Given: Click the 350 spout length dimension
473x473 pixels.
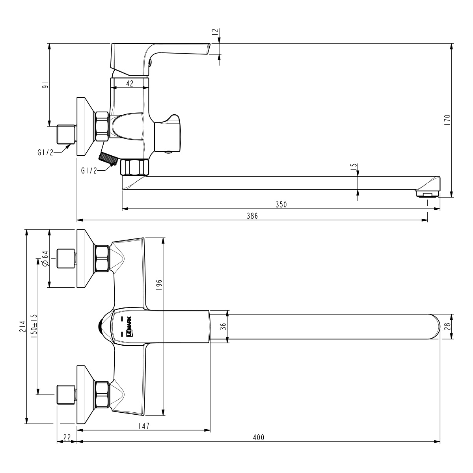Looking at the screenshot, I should click(281, 204).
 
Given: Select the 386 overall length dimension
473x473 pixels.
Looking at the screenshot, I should click(252, 216).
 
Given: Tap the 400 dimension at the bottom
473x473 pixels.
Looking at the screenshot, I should click(259, 437).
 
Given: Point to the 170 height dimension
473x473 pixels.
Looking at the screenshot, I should click(447, 119).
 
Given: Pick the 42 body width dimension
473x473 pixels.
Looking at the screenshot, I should click(130, 83).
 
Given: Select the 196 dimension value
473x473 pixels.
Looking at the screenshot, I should click(159, 285).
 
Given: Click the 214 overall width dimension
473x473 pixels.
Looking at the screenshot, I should click(22, 327).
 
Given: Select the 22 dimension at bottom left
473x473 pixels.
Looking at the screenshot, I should click(67, 437).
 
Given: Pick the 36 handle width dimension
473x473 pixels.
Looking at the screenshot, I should click(223, 326).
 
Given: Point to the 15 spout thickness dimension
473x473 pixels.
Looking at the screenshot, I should click(353, 167).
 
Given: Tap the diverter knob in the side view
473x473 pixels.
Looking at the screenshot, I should click(169, 133).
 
